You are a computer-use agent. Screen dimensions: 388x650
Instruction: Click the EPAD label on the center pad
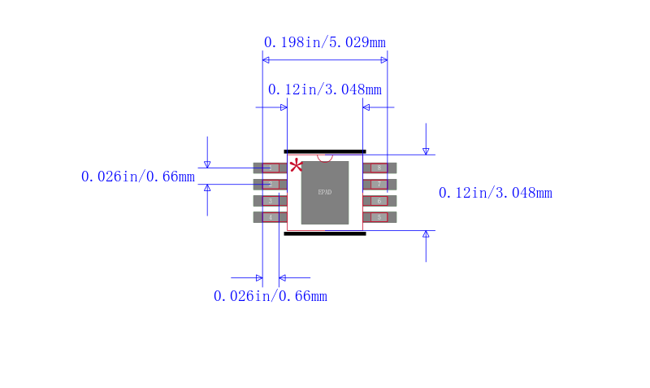325,193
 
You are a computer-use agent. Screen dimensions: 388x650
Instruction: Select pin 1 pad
270,168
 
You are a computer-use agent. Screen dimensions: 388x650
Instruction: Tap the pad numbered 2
270,185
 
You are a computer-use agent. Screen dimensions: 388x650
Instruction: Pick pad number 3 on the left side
270,201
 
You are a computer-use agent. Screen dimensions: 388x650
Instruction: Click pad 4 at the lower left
270,217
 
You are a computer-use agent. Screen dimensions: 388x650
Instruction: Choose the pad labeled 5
379,217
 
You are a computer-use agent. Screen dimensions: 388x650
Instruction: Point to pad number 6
379,201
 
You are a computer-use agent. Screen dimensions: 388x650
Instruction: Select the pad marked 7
379,185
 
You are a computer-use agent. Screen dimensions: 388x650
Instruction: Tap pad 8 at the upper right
379,168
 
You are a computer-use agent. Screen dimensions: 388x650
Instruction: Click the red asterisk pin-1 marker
296,166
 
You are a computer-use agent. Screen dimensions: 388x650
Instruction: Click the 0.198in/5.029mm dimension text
325,42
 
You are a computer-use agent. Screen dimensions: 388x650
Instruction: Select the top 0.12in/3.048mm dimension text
325,89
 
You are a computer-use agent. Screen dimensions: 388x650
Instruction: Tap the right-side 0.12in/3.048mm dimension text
495,193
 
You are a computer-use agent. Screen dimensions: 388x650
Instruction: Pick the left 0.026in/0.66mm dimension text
138,177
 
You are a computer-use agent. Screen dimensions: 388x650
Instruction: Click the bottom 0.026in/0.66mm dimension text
271,296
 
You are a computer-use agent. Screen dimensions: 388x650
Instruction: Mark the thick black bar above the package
325,151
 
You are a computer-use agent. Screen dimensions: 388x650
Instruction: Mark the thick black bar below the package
325,233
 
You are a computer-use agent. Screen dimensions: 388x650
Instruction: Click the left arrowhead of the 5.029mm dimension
266,59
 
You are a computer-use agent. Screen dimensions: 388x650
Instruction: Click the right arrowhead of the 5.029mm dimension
383,59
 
